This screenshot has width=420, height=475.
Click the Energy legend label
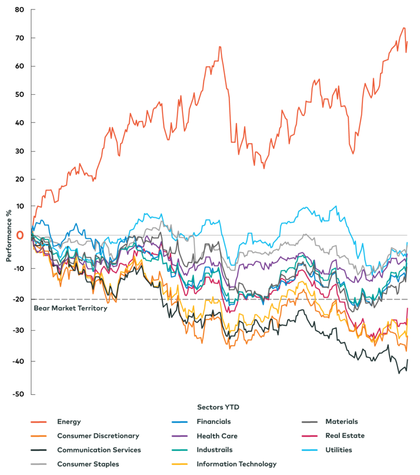[69, 422]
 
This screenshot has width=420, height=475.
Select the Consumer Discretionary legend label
[98, 436]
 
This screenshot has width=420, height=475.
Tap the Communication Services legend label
[99, 450]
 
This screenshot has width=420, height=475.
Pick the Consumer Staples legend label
[88, 464]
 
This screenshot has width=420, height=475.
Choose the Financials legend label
[213, 422]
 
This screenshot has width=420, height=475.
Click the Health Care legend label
[217, 436]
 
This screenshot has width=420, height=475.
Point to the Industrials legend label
[214, 450]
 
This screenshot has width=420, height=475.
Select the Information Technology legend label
[236, 464]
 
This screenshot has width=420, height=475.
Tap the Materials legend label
[341, 422]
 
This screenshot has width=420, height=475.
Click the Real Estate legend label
[344, 436]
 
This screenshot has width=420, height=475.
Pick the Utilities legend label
[338, 450]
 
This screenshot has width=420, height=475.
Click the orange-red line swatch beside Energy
[38, 422]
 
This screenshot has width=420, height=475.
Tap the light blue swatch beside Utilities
[309, 450]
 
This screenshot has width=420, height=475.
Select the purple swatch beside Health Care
[179, 436]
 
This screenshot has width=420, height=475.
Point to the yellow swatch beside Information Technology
[179, 464]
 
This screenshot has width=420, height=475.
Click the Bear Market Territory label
[70, 308]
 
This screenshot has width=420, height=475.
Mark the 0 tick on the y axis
[20, 235]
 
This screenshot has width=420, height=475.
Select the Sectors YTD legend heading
[218, 407]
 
